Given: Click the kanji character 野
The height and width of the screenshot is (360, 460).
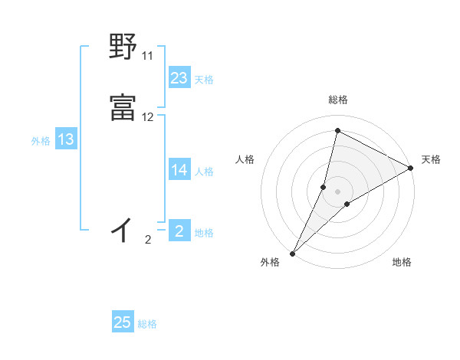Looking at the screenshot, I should point(123,47).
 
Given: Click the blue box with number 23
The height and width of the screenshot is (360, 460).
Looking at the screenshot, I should point(179,78).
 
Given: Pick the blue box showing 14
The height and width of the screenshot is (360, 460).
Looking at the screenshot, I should point(179,170).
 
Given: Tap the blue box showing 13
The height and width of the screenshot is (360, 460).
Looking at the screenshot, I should point(66,139).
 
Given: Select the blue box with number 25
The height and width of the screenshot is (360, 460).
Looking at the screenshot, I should point(123,322).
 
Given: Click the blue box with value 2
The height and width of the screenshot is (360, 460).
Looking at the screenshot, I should point(179,231).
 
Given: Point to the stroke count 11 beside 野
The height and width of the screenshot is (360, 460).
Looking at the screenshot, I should point(147,56).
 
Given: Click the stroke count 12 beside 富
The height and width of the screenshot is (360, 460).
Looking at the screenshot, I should point(147,117).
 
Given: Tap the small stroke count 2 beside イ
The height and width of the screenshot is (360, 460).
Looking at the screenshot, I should point(147,240).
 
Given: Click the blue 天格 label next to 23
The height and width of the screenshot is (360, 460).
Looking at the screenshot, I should point(204,80).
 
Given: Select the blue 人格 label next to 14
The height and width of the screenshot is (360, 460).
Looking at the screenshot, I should point(204,172).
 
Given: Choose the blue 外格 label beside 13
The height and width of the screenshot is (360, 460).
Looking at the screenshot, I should point(41,141).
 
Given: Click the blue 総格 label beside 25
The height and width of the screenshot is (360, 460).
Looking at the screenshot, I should point(147,324).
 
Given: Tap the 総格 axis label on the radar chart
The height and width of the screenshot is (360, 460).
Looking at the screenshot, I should point(338,100).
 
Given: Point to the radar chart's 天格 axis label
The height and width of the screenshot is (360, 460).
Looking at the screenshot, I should point(431,159).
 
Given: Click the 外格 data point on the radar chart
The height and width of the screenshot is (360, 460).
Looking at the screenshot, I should point(292,254).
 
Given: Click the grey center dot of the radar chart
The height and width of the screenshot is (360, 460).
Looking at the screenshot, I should point(338,191).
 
